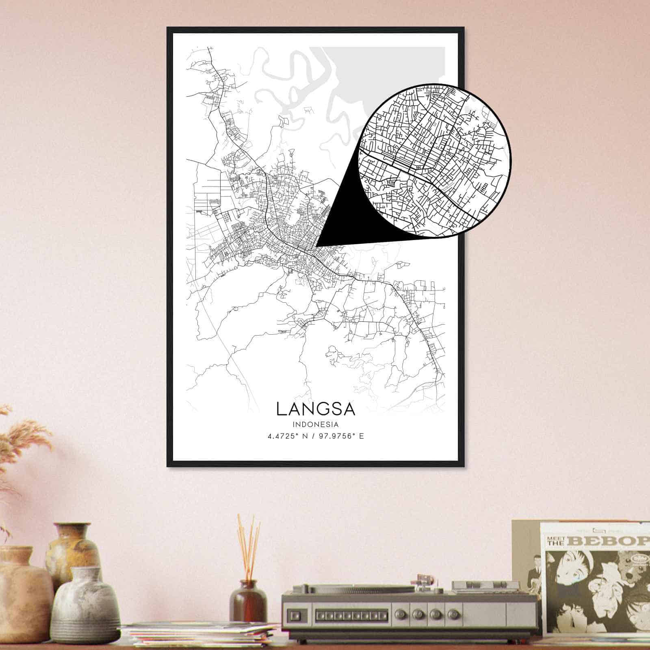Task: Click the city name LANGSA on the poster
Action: pos(316,409)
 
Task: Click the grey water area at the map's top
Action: pos(386,69)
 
